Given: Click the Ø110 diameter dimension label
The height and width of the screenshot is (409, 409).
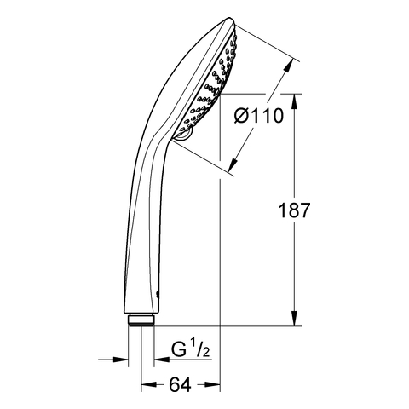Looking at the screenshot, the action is click(259, 116).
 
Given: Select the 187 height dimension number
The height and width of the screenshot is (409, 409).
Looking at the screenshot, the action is click(294, 210).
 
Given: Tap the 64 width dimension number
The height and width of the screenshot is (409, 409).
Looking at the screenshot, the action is click(181, 385).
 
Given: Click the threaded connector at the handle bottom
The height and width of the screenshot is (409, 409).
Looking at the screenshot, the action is click(141, 320).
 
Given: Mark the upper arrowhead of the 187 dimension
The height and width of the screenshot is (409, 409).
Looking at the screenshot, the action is click(294, 101).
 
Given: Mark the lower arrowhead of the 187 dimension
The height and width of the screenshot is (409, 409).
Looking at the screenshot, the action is click(294, 318).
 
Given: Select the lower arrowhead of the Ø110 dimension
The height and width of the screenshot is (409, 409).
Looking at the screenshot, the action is click(233, 164).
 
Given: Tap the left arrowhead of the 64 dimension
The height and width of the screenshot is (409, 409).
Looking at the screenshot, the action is click(149, 384).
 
